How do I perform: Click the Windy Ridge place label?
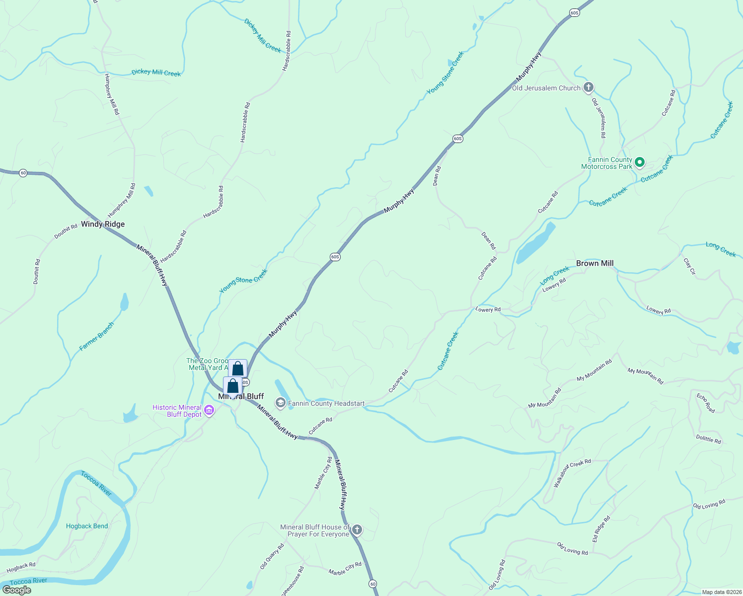103,224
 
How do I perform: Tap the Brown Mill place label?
594,263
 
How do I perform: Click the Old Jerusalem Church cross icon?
589,88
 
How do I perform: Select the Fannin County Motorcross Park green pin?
640,162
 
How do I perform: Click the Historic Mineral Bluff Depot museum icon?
210,411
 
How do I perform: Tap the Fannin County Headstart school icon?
281,403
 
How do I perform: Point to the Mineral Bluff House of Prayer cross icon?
357,530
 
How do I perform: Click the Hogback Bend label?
87,526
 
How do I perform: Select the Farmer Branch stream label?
97,336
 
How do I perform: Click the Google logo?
17,590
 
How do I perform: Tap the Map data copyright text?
720,592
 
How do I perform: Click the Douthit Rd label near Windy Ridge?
66,231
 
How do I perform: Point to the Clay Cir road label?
690,266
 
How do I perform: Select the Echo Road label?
706,403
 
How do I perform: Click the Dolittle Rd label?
708,439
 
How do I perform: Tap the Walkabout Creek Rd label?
572,472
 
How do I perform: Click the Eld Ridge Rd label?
601,529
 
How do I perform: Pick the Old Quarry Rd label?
272,556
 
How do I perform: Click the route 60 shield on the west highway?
23,173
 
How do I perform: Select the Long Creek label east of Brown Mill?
721,249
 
